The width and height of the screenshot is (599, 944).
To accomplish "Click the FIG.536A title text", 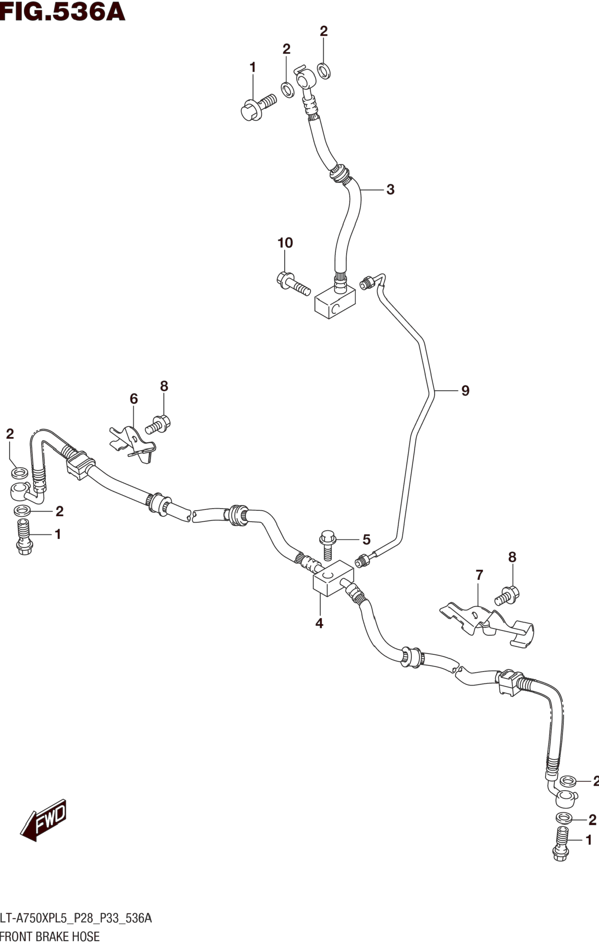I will tap(63, 12).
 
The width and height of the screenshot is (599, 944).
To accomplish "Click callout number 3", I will tap(390, 190).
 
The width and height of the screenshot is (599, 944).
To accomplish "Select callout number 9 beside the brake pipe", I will tap(465, 390).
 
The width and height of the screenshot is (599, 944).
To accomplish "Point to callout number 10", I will tap(285, 243).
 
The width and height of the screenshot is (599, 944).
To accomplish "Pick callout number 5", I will tap(366, 540).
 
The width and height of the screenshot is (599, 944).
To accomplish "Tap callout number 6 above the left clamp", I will tap(134, 399).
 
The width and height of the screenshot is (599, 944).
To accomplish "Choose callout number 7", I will tap(479, 575).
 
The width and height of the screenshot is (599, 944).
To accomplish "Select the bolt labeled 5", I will tap(328, 545).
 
